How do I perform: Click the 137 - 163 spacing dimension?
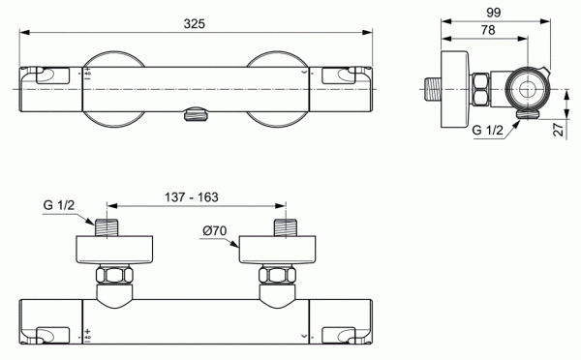tap(191, 196)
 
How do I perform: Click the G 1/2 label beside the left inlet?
tap(60, 205)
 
